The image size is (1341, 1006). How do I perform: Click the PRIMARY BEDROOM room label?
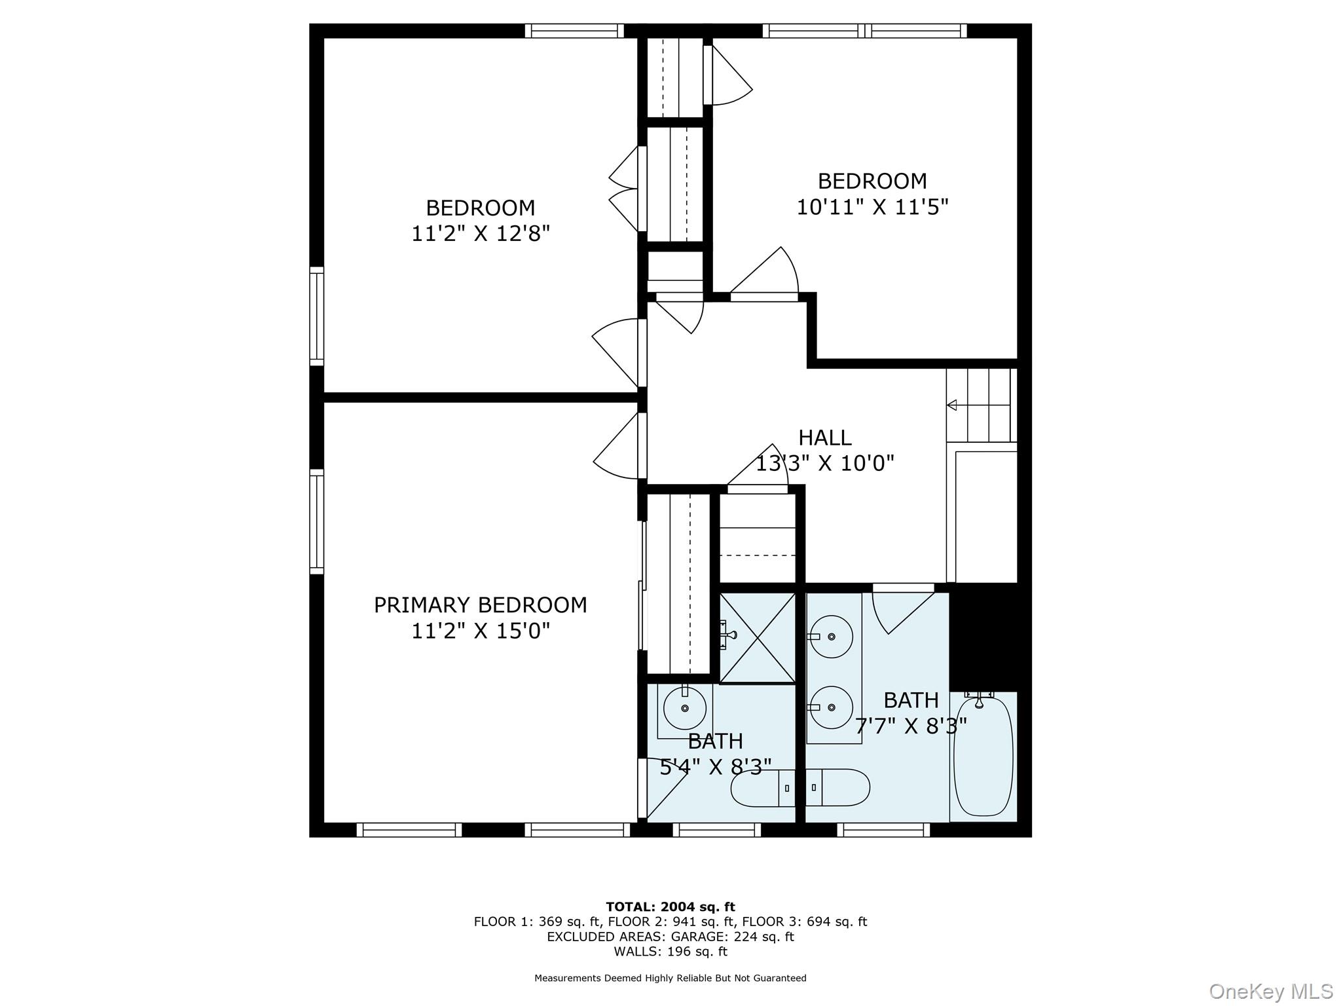coord(480,605)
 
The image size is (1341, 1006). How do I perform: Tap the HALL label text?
coord(824,437)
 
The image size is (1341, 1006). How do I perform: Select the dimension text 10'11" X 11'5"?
coord(872,207)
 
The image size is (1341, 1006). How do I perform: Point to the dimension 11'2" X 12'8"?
coord(480,233)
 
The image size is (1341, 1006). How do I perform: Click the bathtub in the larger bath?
coord(983,756)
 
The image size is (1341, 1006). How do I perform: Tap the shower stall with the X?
coord(758,638)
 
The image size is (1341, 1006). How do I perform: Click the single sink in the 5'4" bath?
coord(685,708)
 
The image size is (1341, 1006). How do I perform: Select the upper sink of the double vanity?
coord(831,637)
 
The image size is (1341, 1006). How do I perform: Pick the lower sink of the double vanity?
coord(831,707)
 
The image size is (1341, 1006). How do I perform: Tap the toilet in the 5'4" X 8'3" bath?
coord(763,788)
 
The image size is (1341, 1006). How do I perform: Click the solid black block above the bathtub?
coord(983,637)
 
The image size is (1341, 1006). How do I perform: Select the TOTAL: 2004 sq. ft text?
coord(670,906)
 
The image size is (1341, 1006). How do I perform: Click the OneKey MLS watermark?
coord(1270,991)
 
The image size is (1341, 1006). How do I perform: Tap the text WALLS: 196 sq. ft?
coord(670,951)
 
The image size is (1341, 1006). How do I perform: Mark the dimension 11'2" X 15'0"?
coord(480,631)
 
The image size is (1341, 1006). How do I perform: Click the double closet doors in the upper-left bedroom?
coord(626,189)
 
